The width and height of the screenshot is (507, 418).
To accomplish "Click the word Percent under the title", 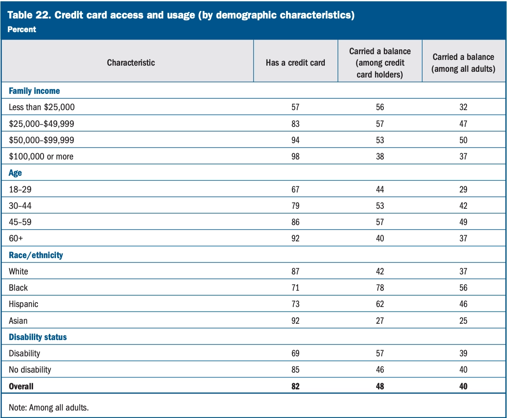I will point(22,30).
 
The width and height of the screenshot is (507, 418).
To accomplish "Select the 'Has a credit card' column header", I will point(295,63).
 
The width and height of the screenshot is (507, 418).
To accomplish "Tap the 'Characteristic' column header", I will point(131,63).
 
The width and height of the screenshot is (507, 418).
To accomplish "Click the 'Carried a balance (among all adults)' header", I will point(463,63).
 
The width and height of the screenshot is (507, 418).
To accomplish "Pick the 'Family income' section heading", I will point(34,91).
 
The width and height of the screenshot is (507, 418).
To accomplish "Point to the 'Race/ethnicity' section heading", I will point(36,255).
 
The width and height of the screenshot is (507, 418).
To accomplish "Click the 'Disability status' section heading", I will point(38,337).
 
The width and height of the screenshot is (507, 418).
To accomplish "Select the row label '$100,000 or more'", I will point(41,156).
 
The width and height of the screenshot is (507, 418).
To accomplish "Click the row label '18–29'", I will point(20,189).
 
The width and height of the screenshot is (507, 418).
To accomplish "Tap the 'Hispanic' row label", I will point(23,304).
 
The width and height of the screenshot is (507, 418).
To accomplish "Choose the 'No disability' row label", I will point(30,370).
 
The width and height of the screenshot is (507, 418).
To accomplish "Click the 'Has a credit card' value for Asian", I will point(295,321).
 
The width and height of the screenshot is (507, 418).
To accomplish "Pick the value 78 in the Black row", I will point(380,288).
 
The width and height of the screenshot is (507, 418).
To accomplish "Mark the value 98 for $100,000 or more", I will point(295,156).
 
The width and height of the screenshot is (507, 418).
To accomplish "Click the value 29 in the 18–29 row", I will point(463,189).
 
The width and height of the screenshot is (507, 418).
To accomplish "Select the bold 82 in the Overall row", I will point(295,386).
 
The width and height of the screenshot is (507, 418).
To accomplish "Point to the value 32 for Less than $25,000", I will point(463,107).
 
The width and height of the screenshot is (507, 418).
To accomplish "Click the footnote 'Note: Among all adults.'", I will point(48,407).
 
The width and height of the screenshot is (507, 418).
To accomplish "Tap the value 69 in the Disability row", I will point(295,353).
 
